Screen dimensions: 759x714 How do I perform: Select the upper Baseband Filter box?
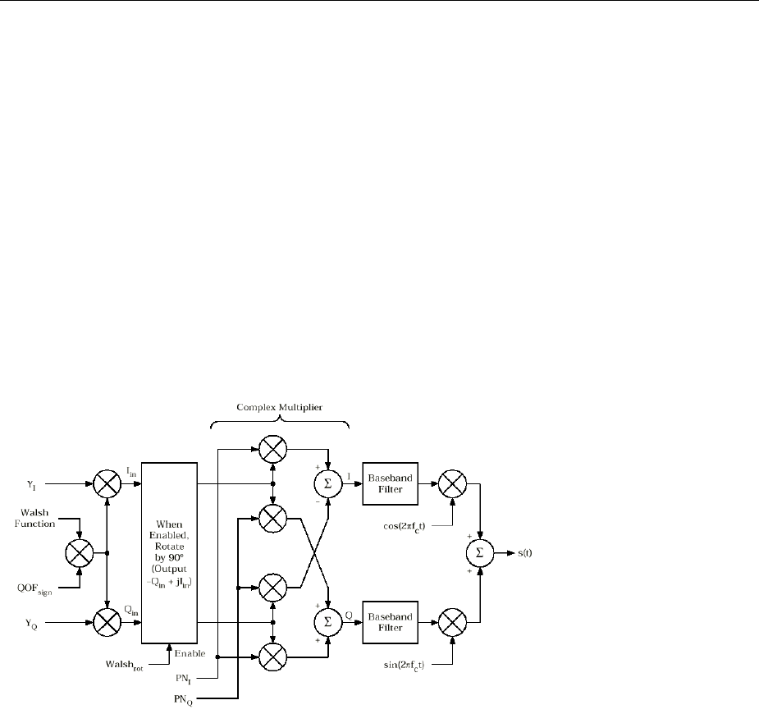pyautogui.click(x=391, y=484)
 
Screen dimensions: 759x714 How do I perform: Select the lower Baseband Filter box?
pyautogui.click(x=391, y=621)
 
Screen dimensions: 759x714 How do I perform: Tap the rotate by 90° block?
pyautogui.click(x=171, y=554)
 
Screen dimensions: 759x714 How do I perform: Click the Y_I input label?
pyautogui.click(x=33, y=483)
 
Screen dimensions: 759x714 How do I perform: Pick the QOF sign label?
pyautogui.click(x=39, y=588)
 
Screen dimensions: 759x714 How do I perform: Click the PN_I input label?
pyautogui.click(x=192, y=679)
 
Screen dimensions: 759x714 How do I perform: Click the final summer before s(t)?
pyautogui.click(x=481, y=554)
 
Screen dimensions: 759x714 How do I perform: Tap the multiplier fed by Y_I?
pyautogui.click(x=107, y=484)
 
